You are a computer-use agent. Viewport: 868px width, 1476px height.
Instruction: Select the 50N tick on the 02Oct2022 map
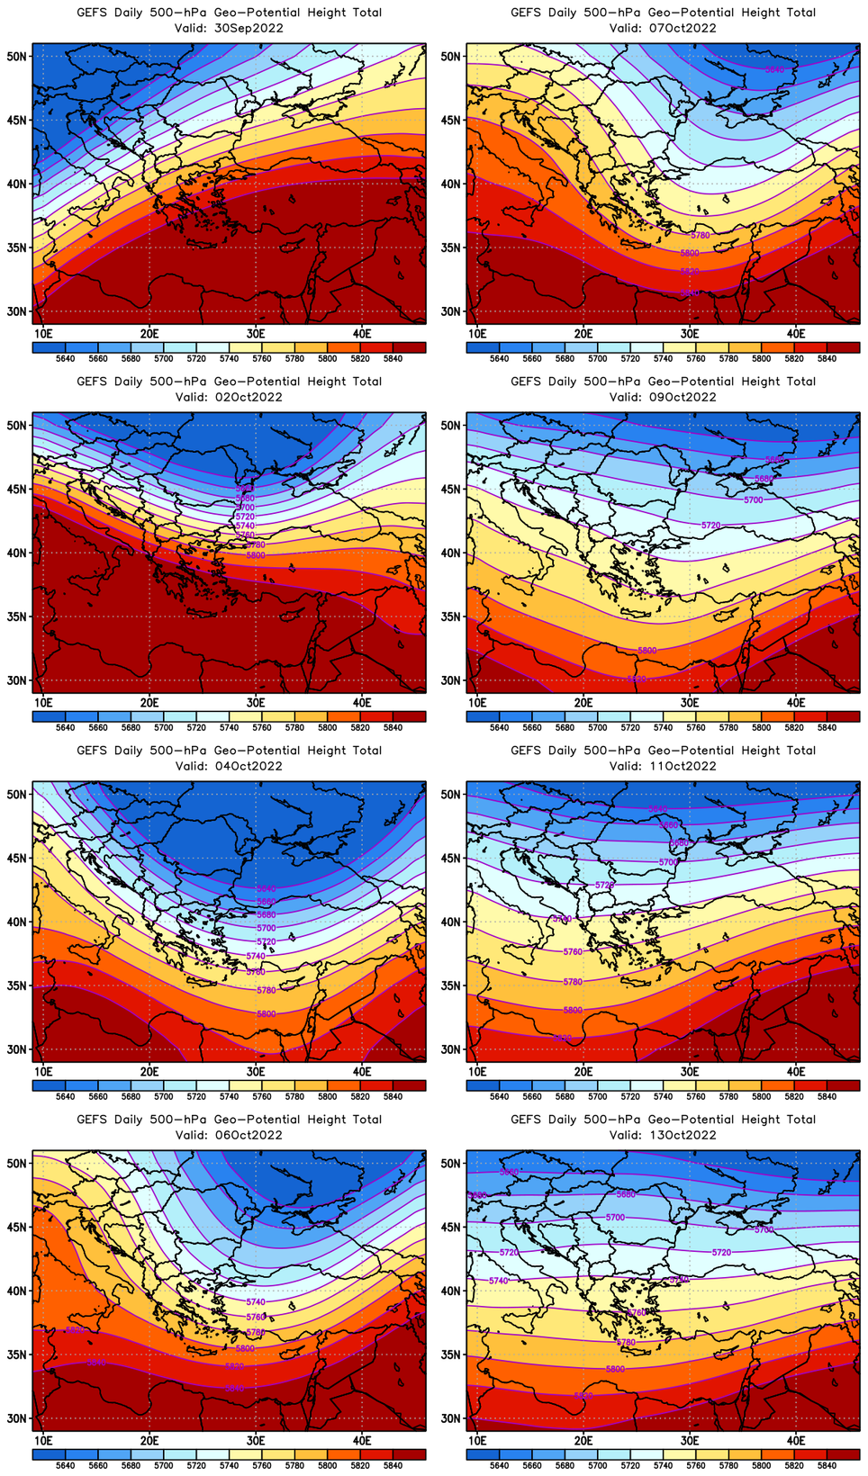17,425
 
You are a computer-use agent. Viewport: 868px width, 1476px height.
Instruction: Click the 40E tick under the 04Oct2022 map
362,1072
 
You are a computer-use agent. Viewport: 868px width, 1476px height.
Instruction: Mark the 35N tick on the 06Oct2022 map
17,1354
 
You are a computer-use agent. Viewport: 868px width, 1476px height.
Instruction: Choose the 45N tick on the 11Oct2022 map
451,858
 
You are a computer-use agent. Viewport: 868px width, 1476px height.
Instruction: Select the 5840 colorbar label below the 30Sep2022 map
393,359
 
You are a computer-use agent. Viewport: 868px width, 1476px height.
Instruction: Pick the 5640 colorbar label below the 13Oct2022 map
499,1465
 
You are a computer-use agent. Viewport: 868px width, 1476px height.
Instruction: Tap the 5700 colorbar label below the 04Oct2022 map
163,1097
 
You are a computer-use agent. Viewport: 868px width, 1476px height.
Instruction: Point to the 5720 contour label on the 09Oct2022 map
710,525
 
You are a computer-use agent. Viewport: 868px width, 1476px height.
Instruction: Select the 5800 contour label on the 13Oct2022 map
615,1369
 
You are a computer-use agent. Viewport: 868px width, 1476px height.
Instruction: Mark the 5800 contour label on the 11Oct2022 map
573,1010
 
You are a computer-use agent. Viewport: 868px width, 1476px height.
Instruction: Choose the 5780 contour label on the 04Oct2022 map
266,990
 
